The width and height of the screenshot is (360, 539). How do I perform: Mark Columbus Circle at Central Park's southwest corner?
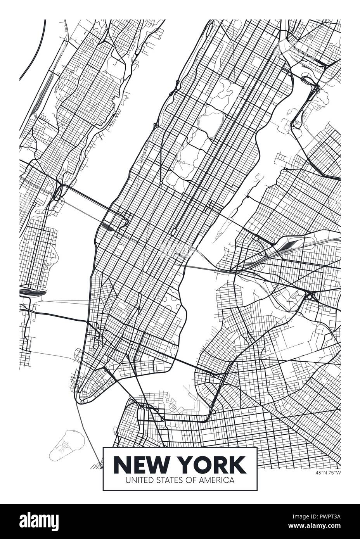171,182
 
